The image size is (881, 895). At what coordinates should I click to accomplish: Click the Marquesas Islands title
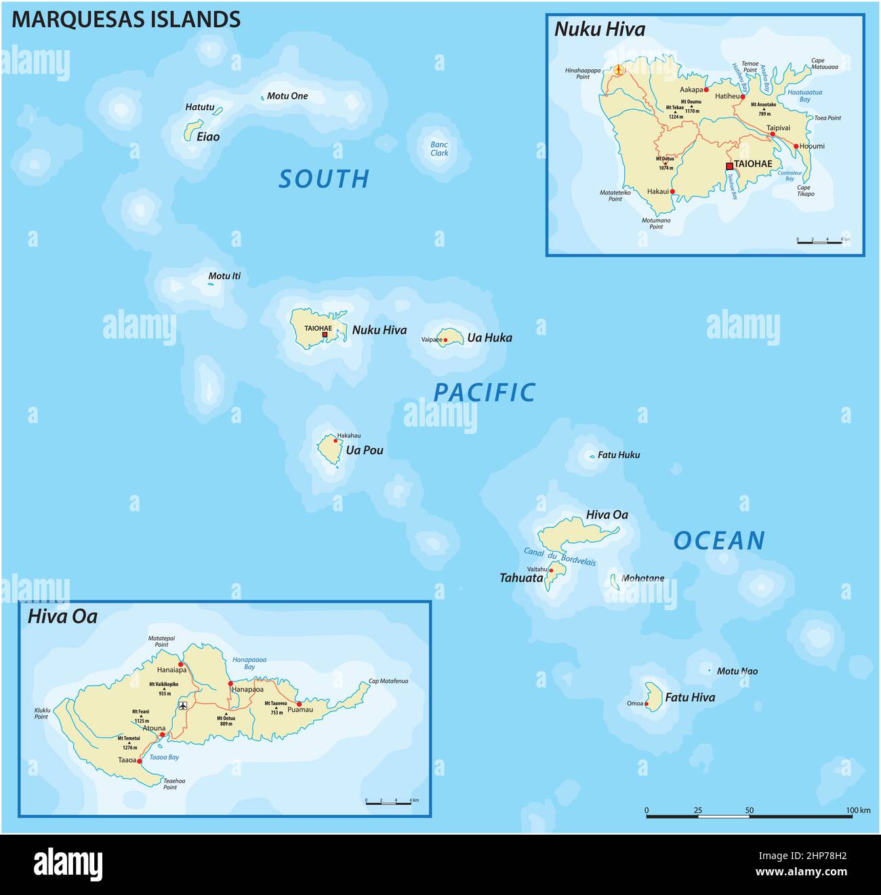click(126, 19)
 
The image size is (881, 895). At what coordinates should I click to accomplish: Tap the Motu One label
click(287, 96)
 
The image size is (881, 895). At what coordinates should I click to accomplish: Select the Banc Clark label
click(439, 148)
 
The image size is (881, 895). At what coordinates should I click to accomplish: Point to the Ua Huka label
click(489, 338)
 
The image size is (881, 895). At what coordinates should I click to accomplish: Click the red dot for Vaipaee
click(445, 340)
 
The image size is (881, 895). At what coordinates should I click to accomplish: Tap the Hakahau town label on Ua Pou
click(348, 435)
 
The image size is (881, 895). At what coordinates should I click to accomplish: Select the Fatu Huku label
click(618, 455)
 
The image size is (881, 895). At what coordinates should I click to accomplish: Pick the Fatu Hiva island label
click(689, 697)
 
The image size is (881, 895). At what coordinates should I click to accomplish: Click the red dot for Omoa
click(647, 704)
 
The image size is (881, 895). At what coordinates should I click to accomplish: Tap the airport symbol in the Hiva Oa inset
click(182, 706)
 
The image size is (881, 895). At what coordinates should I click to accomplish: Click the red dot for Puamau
click(299, 704)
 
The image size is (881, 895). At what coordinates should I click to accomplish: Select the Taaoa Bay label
click(164, 757)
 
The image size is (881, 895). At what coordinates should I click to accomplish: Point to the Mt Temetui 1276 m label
click(129, 742)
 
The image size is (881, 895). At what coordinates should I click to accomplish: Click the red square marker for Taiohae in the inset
click(729, 166)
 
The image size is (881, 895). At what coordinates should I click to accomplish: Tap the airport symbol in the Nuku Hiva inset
click(619, 69)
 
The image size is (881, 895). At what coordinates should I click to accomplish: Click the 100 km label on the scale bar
click(858, 810)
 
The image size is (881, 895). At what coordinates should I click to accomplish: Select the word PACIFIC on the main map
click(484, 393)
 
